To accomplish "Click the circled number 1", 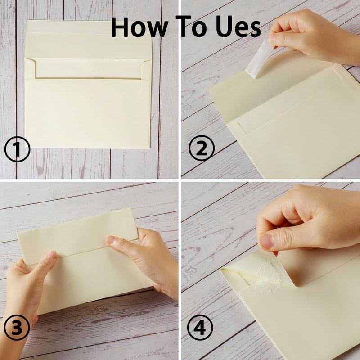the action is click(17, 149).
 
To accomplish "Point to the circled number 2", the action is click(202, 148).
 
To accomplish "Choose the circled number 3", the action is click(17, 328).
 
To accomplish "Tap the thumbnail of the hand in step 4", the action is click(266, 242).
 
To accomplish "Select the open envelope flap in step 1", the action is click(88, 40).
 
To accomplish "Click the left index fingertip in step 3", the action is click(52, 255).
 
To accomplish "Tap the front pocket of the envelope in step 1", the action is click(87, 113).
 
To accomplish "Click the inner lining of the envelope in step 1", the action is click(88, 68).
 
